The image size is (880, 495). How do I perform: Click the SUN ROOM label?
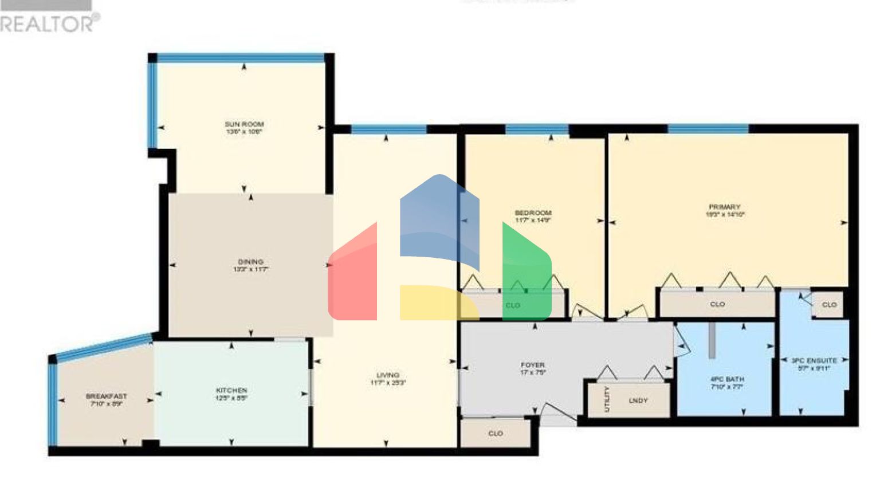coord(244,124)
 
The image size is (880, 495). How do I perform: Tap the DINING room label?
coord(251,262)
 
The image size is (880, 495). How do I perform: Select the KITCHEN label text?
coord(231,391)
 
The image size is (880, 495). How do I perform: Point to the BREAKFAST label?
coord(107,396)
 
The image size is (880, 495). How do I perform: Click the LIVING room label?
coord(388,375)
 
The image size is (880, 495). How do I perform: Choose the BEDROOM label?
coord(533,213)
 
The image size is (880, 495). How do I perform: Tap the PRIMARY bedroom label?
coord(725,207)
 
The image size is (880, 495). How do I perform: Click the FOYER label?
coord(532,365)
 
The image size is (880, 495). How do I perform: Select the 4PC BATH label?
coord(727,379)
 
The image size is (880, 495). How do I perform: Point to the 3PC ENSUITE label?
coord(814,360)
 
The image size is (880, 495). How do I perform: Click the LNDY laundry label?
coord(638,400)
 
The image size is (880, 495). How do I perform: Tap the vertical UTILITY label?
coord(607,399)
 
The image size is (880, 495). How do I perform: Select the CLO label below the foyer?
coord(496,434)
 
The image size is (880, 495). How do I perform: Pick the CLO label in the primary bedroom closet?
coord(717,304)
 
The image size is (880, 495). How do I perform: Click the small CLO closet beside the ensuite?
coord(829,305)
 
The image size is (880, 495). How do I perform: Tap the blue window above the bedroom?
coord(537,129)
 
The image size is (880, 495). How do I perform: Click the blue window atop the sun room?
coord(241,58)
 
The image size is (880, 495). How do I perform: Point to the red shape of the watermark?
coord(353,275)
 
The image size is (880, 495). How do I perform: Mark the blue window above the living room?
coord(388,129)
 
